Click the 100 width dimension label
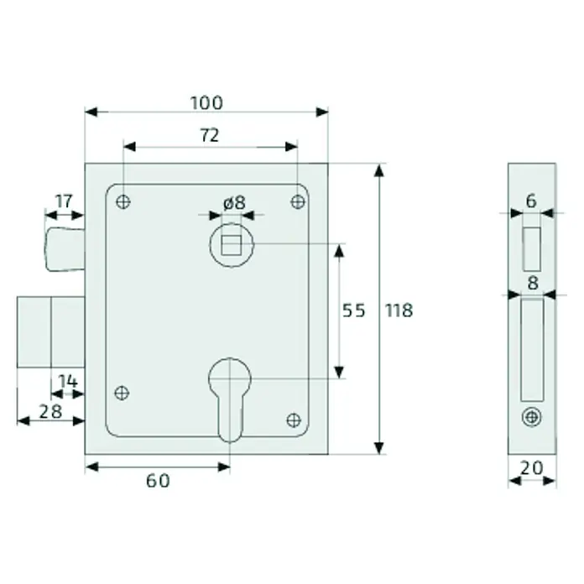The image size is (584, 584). coord(206,103)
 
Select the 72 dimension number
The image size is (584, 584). coord(210,136)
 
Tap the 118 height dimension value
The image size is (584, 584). coord(399,310)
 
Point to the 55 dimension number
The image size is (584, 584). coord(354,310)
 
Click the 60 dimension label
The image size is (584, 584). coord(158,481)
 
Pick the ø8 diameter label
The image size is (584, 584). coord(234,203)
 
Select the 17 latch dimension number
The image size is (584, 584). coord(64,201)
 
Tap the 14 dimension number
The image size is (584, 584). coord(68,382)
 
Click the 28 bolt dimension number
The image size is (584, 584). coord(50,412)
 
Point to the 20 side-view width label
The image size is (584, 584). coord(531,468)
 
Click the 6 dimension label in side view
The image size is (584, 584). coord(531,201)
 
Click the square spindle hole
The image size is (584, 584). coord(232,245)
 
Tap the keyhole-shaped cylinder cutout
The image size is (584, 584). coord(230,399)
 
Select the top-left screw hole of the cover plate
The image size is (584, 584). coord(123,202)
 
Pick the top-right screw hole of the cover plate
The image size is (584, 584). coord(298,202)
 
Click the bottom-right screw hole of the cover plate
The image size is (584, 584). coord(294,420)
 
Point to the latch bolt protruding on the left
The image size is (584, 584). coord(65,249)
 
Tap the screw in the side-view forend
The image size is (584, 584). coord(532,417)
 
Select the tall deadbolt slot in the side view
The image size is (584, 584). coord(532,350)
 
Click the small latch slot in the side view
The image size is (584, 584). coord(531,249)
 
